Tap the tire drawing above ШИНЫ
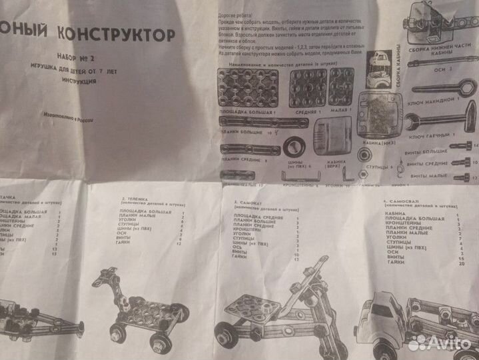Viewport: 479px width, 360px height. pos(294,148)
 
